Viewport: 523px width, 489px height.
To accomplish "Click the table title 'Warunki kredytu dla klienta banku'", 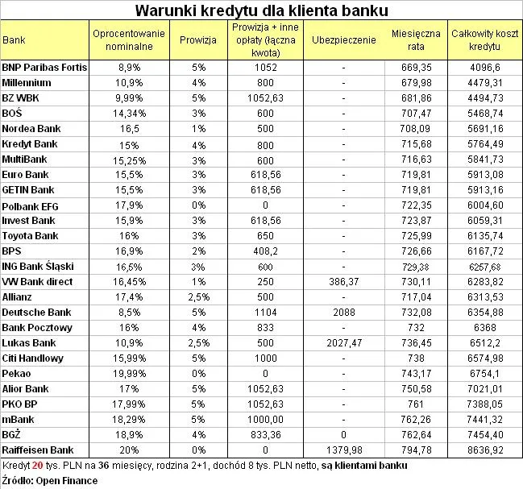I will [x=261, y=10].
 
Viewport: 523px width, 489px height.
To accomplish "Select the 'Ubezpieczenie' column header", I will [x=343, y=39].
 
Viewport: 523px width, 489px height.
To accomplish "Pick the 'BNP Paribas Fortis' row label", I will [x=45, y=67].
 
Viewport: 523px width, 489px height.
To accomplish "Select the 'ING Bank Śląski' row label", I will [x=38, y=266].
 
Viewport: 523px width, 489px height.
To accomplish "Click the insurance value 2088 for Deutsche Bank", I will [x=343, y=312].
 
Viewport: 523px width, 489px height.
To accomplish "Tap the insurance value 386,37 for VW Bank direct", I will [x=343, y=281].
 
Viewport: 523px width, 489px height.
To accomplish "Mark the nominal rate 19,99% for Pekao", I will [x=130, y=373].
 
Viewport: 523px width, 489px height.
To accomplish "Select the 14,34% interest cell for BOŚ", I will [x=130, y=113].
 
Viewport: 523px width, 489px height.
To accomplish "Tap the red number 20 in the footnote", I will [x=37, y=466].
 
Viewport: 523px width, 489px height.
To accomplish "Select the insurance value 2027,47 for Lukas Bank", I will [x=343, y=342].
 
